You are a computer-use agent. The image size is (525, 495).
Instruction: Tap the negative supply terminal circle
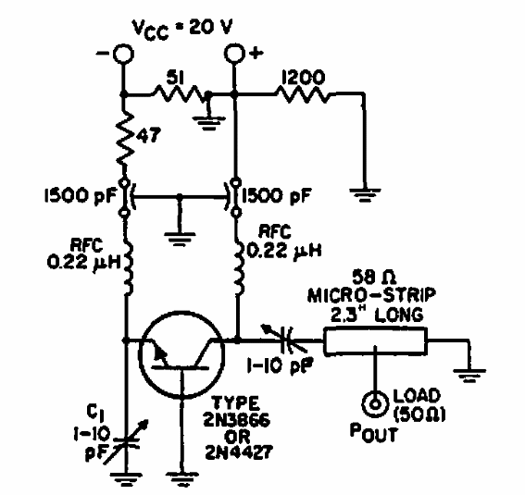click(x=122, y=55)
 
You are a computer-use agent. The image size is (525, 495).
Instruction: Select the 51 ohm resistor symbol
click(x=177, y=93)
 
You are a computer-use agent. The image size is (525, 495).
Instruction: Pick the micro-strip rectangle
click(x=378, y=341)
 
